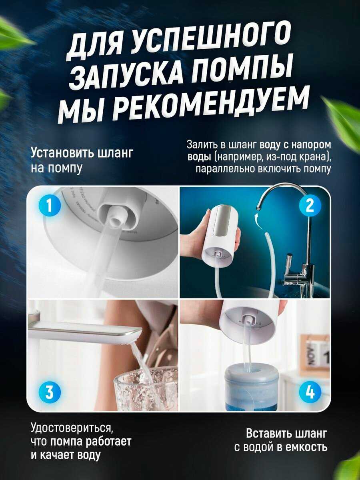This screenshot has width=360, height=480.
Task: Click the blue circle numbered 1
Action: [49, 206]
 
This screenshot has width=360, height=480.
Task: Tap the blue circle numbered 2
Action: [310, 206]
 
